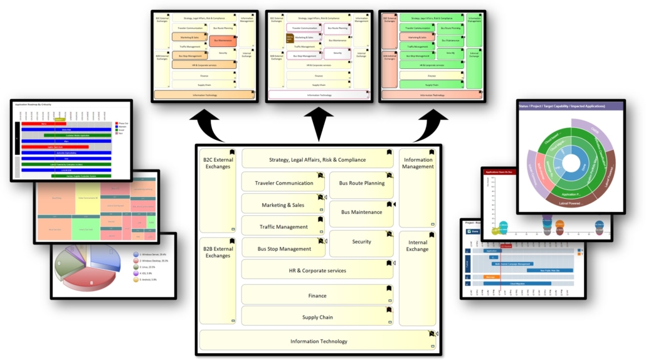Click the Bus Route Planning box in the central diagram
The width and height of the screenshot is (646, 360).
tap(361, 183)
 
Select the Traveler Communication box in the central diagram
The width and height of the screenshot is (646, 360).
tap(283, 183)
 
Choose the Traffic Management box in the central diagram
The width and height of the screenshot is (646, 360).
tap(283, 226)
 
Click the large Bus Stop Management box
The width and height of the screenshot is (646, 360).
tap(283, 248)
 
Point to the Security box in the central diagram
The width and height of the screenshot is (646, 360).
tap(361, 241)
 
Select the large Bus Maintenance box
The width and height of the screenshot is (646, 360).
tap(361, 212)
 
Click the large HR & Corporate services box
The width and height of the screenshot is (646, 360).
tap(317, 270)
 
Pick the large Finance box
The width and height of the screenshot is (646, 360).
tap(317, 295)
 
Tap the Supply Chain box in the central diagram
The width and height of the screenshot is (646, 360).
tap(317, 317)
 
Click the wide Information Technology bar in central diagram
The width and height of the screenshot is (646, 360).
tap(319, 341)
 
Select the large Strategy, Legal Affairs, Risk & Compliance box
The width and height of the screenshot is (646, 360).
tap(317, 159)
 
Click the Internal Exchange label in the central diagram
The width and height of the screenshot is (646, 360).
tap(417, 245)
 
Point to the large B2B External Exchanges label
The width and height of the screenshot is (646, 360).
tap(218, 252)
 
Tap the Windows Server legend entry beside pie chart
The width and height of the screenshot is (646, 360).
tap(153, 254)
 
